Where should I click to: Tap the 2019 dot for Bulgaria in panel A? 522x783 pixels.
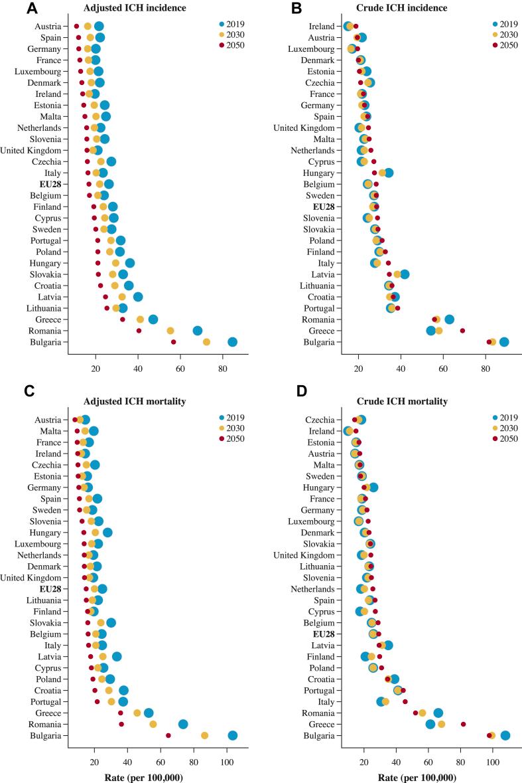(232, 342)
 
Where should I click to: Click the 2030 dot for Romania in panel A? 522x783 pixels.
(170, 330)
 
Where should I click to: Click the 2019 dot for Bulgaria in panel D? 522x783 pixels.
(505, 735)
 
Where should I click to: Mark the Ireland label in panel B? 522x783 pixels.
(325, 26)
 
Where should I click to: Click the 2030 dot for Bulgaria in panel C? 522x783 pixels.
(205, 735)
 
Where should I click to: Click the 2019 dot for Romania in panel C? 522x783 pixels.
(183, 724)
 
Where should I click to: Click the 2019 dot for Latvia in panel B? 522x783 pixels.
(405, 274)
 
